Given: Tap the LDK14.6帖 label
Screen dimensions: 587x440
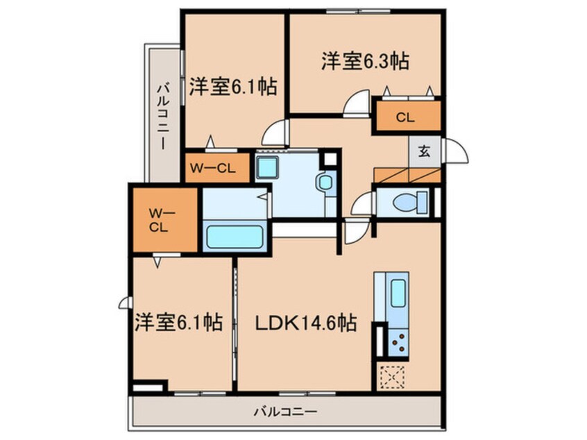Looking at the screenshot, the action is pyautogui.click(x=305, y=323).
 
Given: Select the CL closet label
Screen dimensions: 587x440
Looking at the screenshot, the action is pyautogui.click(x=405, y=117).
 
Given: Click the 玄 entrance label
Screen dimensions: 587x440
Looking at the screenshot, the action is pyautogui.click(x=424, y=151).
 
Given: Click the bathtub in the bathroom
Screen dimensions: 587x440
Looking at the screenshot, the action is pyautogui.click(x=235, y=237).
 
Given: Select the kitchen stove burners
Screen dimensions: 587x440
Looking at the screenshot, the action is pyautogui.click(x=398, y=342).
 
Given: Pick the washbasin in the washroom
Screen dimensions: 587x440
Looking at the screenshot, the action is pyautogui.click(x=325, y=183).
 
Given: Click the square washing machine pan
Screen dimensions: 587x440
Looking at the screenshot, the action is pyautogui.click(x=267, y=167).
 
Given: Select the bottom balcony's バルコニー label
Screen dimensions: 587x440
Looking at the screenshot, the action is pyautogui.click(x=286, y=412).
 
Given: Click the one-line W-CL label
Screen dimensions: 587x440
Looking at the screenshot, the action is pyautogui.click(x=212, y=168).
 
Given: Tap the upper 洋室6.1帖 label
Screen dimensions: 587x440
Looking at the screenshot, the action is pyautogui.click(x=233, y=87).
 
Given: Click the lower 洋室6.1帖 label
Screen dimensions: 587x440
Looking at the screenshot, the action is pyautogui.click(x=178, y=322).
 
